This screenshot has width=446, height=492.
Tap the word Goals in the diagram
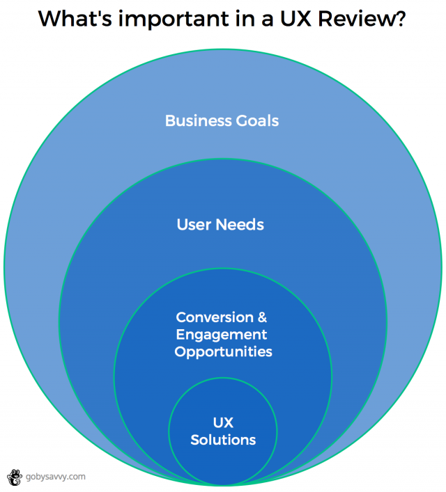(x=254, y=121)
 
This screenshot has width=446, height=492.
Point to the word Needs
(x=240, y=225)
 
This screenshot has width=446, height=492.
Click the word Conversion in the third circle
(x=214, y=317)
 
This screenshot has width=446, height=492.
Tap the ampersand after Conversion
(x=262, y=317)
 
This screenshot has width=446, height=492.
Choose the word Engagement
(x=222, y=335)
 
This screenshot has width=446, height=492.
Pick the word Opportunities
(x=223, y=352)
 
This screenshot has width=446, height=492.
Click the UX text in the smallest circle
(x=223, y=423)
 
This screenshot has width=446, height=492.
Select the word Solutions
(x=223, y=440)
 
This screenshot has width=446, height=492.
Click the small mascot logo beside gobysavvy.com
(x=14, y=477)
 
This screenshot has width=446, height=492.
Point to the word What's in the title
(x=70, y=19)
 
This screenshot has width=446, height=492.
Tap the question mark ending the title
(x=401, y=19)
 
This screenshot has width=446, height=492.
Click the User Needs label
(x=220, y=225)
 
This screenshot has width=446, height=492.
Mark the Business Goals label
(x=222, y=121)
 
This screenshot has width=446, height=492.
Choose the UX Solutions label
(x=223, y=431)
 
